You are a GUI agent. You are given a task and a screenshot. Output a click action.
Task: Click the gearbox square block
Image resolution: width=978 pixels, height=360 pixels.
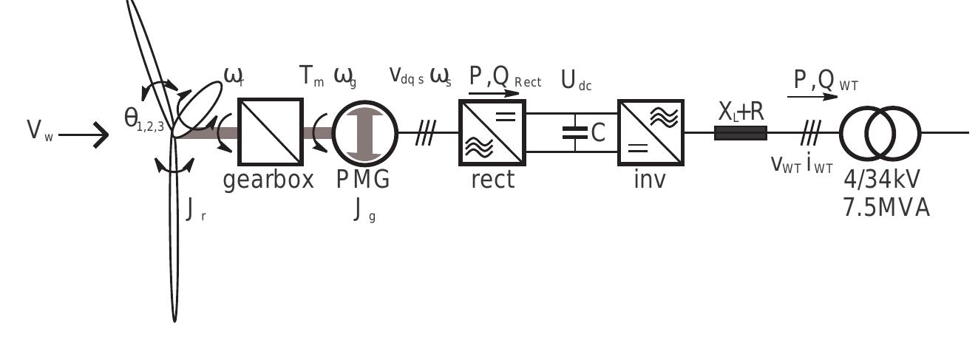click(x=270, y=132)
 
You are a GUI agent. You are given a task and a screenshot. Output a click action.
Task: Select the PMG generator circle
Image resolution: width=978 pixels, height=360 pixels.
click(x=365, y=132)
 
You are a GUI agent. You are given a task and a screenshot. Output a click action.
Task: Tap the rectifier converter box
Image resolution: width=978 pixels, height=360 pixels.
click(x=492, y=132)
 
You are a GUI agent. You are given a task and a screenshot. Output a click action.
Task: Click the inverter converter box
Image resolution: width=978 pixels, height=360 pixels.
click(x=651, y=132)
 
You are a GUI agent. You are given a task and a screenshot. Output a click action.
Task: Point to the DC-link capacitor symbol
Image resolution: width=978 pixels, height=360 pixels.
click(x=575, y=132)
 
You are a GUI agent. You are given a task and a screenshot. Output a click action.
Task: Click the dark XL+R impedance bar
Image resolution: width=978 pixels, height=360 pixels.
click(x=740, y=133)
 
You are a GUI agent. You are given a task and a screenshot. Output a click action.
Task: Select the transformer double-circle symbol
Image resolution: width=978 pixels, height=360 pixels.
click(x=880, y=133)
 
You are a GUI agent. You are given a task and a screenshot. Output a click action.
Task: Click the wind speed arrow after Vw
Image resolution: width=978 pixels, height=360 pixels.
click(x=84, y=135)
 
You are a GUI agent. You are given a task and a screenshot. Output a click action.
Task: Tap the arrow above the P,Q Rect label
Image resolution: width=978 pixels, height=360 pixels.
click(x=495, y=94)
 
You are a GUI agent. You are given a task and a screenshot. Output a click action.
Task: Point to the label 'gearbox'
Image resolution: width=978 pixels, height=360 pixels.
click(x=268, y=180)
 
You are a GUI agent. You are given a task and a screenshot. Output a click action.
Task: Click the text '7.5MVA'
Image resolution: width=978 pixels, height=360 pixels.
click(x=886, y=208)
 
